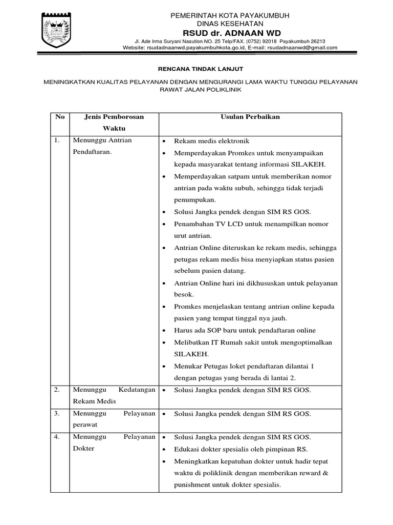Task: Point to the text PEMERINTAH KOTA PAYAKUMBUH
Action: (x=230, y=16)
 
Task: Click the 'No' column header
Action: (x=60, y=117)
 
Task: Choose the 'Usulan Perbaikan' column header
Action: (x=250, y=117)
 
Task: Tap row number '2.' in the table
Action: (x=58, y=390)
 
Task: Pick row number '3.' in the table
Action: (x=58, y=413)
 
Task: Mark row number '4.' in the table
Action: (x=58, y=437)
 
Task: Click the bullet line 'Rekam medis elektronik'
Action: (x=212, y=141)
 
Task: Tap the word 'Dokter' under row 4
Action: (x=84, y=449)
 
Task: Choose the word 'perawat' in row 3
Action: (x=85, y=425)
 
